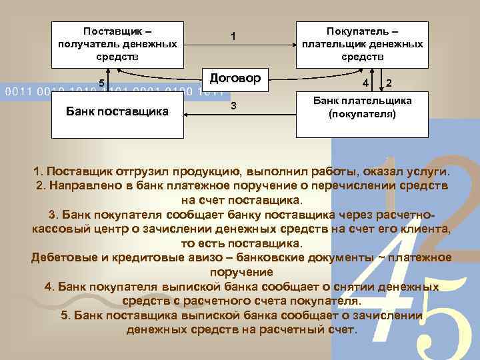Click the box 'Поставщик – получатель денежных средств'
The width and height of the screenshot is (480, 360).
(117, 44)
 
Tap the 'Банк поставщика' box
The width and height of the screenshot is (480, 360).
(117, 111)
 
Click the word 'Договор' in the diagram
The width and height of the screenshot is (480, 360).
(235, 77)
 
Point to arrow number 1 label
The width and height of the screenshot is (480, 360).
(232, 35)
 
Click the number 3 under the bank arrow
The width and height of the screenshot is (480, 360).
(233, 107)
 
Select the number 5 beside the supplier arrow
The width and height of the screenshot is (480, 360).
(101, 83)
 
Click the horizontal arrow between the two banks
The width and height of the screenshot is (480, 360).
(240, 115)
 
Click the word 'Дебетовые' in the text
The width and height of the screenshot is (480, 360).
(61, 257)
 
